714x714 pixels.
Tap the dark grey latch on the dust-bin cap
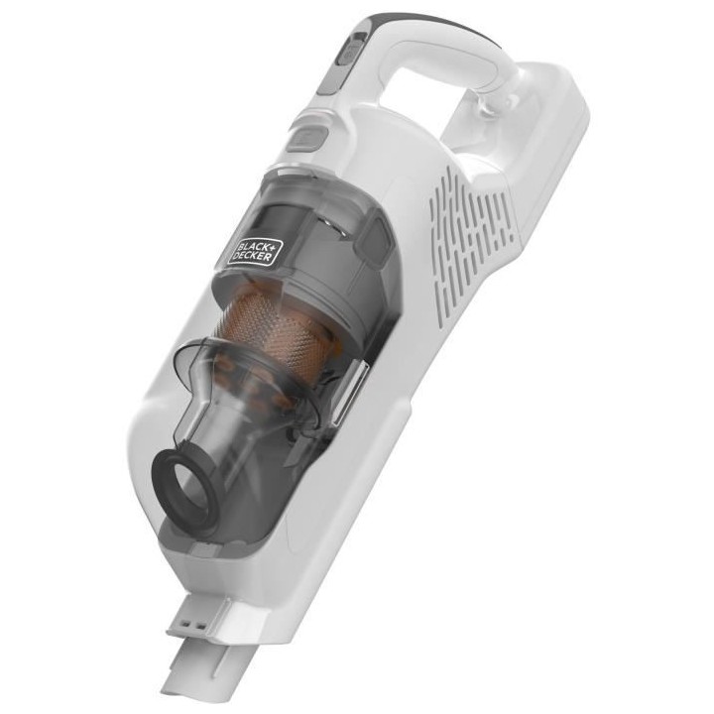tap(373, 238)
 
